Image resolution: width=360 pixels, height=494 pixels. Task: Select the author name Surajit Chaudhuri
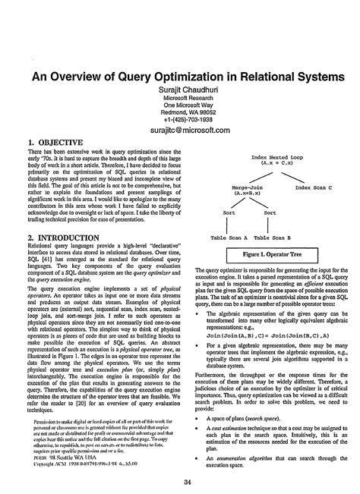click(179, 90)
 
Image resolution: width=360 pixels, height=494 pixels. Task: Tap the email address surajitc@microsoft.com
click(179, 131)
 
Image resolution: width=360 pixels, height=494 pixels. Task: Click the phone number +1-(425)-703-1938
click(179, 119)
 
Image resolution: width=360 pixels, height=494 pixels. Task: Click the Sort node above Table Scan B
click(269, 213)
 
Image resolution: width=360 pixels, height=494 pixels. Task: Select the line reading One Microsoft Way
click(179, 105)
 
